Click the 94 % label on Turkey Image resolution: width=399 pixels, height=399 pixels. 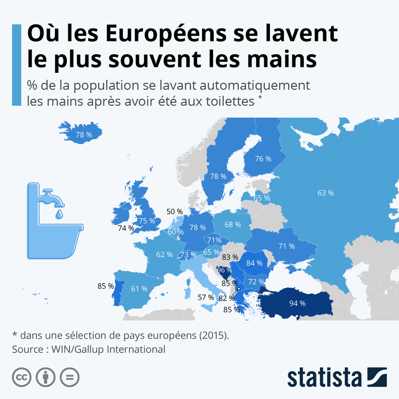point(297,303)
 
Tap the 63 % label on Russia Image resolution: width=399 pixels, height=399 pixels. point(326,192)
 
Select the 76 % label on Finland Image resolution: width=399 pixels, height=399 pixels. point(263,159)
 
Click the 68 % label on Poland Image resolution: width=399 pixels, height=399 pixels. point(233,224)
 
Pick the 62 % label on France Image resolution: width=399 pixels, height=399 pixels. point(164,254)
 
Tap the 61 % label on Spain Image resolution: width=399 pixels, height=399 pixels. point(139,289)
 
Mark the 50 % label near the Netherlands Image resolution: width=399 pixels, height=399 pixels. point(175,212)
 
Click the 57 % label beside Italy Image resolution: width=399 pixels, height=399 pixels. point(206,297)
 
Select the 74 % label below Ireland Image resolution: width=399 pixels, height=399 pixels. point(126,228)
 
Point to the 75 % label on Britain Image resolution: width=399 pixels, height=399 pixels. point(147,221)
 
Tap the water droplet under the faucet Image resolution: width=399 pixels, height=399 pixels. point(58,214)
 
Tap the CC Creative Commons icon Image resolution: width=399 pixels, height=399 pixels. point(22,377)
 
